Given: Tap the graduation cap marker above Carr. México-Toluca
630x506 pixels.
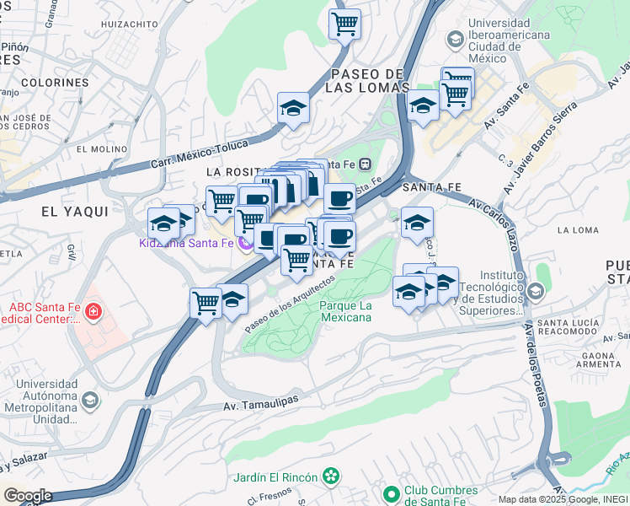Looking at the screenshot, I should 293,108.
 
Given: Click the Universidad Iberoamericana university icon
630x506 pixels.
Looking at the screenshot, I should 455,40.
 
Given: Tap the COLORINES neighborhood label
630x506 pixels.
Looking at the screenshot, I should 55,83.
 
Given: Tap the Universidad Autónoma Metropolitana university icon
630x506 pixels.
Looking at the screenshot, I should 91,399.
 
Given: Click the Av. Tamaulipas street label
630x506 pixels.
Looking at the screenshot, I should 261,404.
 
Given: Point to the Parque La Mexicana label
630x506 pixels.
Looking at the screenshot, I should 346,311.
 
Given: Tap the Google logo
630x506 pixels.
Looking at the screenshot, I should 27,496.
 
